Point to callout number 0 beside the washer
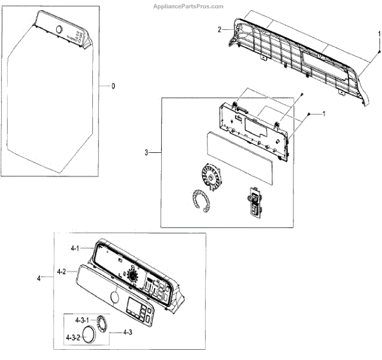click(x=113, y=86)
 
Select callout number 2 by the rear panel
click(x=220, y=29)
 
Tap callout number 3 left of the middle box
click(x=147, y=152)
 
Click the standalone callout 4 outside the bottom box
click(x=39, y=278)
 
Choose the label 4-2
click(x=62, y=272)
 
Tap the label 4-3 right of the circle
click(x=127, y=332)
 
